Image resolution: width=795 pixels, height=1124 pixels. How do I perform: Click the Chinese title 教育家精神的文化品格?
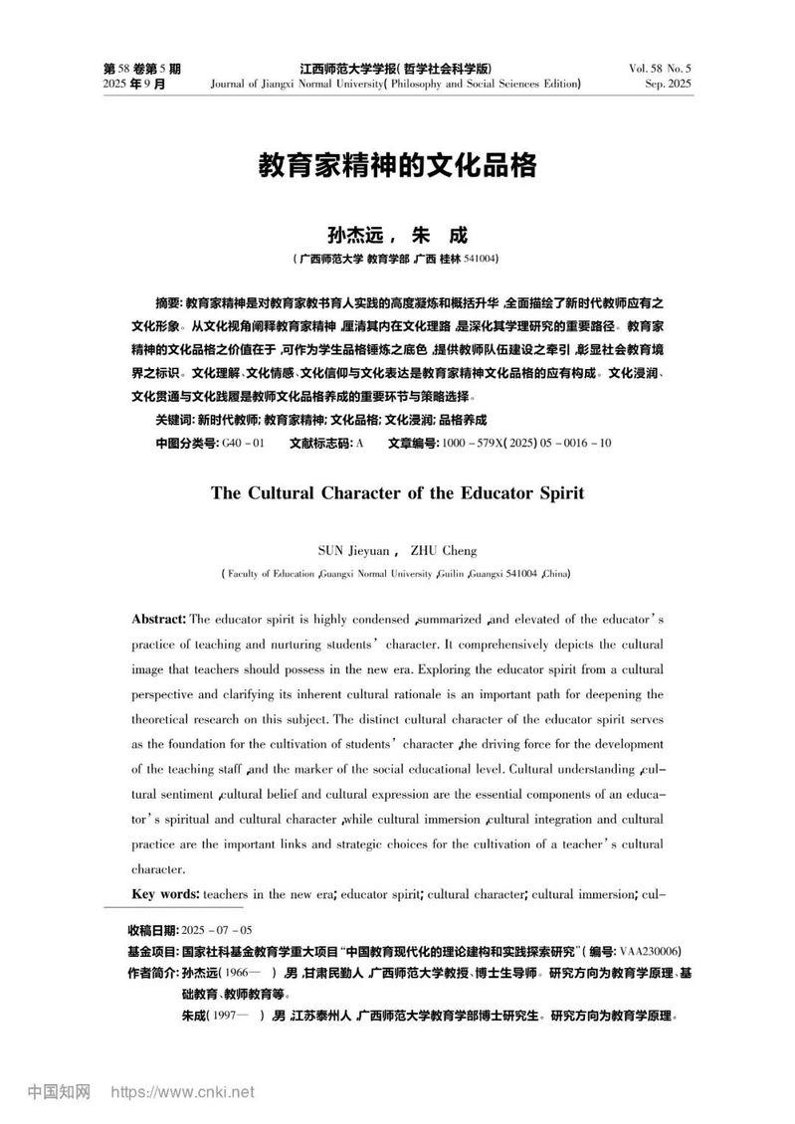click(397, 165)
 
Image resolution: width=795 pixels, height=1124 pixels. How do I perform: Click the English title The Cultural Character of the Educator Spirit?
click(397, 492)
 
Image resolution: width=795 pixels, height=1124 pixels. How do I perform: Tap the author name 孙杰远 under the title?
click(353, 236)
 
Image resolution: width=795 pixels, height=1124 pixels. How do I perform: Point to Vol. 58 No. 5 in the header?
click(660, 69)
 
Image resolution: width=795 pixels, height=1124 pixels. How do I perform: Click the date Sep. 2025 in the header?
click(668, 84)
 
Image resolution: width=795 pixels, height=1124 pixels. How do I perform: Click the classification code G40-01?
click(242, 443)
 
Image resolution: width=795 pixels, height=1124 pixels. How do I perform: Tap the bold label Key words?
click(165, 894)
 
